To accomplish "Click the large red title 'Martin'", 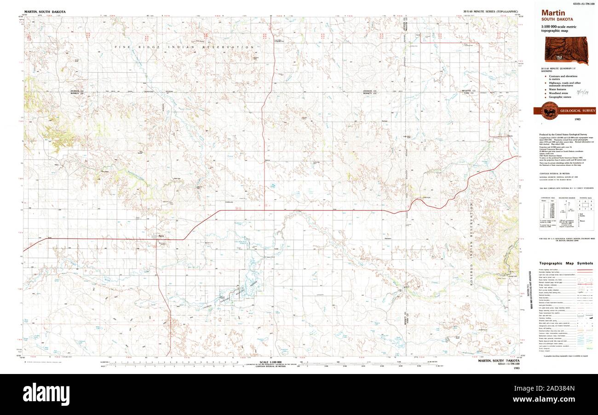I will (x=553, y=13).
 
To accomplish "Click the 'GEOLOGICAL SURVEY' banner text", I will (x=577, y=111).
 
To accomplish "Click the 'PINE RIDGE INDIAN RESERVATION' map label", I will (x=184, y=47).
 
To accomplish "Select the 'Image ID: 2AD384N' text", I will (x=557, y=388).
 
